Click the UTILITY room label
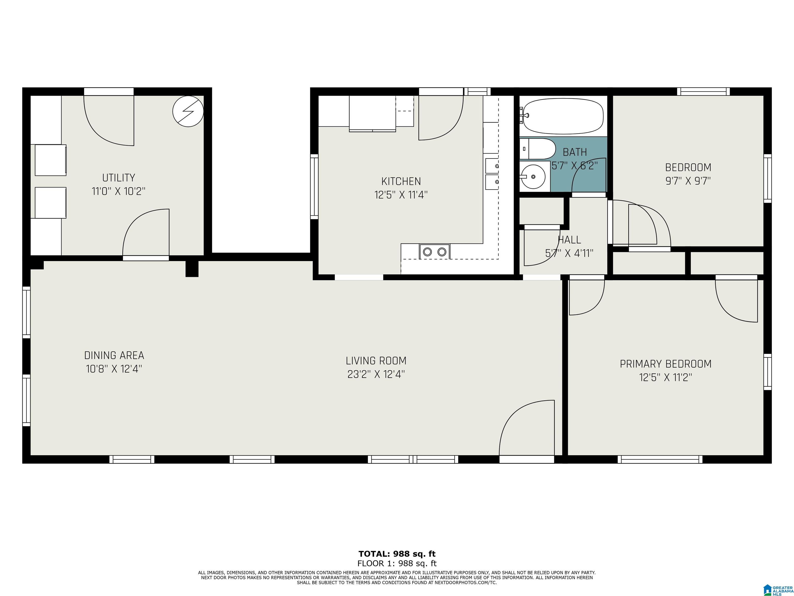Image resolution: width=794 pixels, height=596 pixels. pyautogui.click(x=118, y=178)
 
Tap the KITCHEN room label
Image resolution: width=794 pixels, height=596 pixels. pyautogui.click(x=401, y=181)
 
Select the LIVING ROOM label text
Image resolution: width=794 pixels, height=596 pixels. pyautogui.click(x=376, y=361)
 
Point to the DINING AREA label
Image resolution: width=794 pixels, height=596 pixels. pyautogui.click(x=114, y=355)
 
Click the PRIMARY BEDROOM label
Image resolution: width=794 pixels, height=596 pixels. pyautogui.click(x=666, y=364)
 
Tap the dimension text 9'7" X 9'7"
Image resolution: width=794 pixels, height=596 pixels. pyautogui.click(x=688, y=181)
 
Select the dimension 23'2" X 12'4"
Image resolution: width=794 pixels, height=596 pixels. pyautogui.click(x=376, y=374)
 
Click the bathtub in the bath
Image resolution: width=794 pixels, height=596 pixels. pyautogui.click(x=563, y=116)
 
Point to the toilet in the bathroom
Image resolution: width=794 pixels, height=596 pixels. pyautogui.click(x=537, y=149)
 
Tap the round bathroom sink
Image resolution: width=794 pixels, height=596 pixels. pyautogui.click(x=533, y=176)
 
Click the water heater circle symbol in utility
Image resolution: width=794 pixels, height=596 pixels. pyautogui.click(x=188, y=111)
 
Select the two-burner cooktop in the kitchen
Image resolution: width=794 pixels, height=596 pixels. pyautogui.click(x=434, y=251)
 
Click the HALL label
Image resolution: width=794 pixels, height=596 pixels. pyautogui.click(x=569, y=240)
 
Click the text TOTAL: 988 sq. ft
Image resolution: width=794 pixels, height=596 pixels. pyautogui.click(x=397, y=554)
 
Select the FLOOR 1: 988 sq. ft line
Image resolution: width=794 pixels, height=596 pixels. pyautogui.click(x=397, y=563)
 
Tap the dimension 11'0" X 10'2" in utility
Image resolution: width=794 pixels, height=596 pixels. pyautogui.click(x=118, y=191)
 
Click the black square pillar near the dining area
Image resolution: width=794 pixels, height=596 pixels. pyautogui.click(x=192, y=268)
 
